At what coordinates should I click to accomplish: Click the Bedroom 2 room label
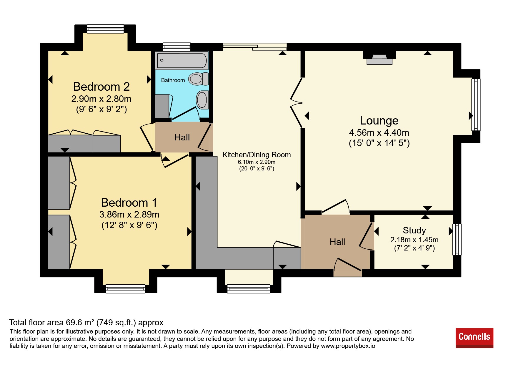[x=101, y=87]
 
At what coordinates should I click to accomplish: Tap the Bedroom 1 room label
[x=129, y=203]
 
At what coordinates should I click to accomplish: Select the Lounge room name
[x=379, y=120]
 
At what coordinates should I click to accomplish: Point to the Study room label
[x=414, y=230]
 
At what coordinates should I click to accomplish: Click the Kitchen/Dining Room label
[x=257, y=155]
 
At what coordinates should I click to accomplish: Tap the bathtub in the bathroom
[x=182, y=61]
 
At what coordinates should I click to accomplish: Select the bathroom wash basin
[x=202, y=100]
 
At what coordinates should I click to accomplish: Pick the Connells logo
[x=474, y=338]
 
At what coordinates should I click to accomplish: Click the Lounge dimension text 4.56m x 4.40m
[x=379, y=133]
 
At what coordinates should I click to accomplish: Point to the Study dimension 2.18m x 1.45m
[x=414, y=240]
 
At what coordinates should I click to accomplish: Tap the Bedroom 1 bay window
[x=126, y=288]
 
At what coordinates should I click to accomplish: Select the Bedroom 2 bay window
[x=105, y=29]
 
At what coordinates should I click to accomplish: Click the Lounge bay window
[x=476, y=104]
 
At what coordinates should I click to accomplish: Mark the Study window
[x=457, y=239]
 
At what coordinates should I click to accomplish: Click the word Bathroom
[x=173, y=80]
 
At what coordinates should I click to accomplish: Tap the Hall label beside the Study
[x=337, y=242]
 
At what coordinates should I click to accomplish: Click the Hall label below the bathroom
[x=182, y=137]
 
